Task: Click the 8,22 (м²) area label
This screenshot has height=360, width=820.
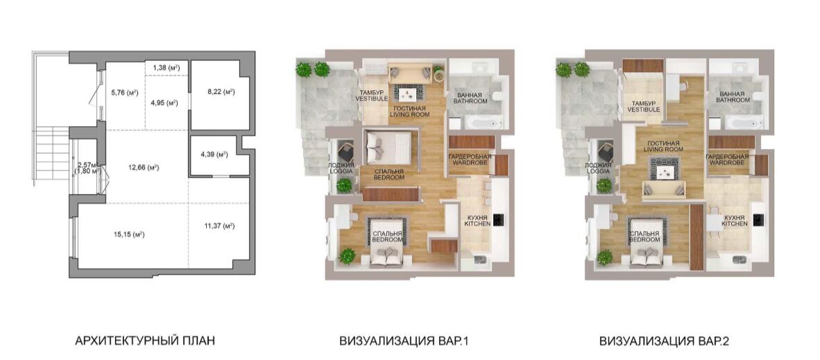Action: point(220,92)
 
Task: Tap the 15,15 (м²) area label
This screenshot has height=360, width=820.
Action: point(128,234)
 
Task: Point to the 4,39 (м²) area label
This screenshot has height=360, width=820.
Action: point(214,155)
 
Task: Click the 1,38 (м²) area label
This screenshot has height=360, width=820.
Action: point(166,67)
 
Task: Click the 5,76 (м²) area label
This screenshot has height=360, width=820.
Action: point(124,93)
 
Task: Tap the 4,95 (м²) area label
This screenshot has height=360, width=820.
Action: point(164,103)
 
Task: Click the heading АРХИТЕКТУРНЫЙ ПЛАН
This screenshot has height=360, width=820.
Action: point(145,342)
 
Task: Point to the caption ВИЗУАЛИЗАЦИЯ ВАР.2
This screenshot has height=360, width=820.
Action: point(664,342)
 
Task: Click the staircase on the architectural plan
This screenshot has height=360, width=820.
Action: point(52,153)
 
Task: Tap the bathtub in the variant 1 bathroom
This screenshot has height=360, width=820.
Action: point(484,122)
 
